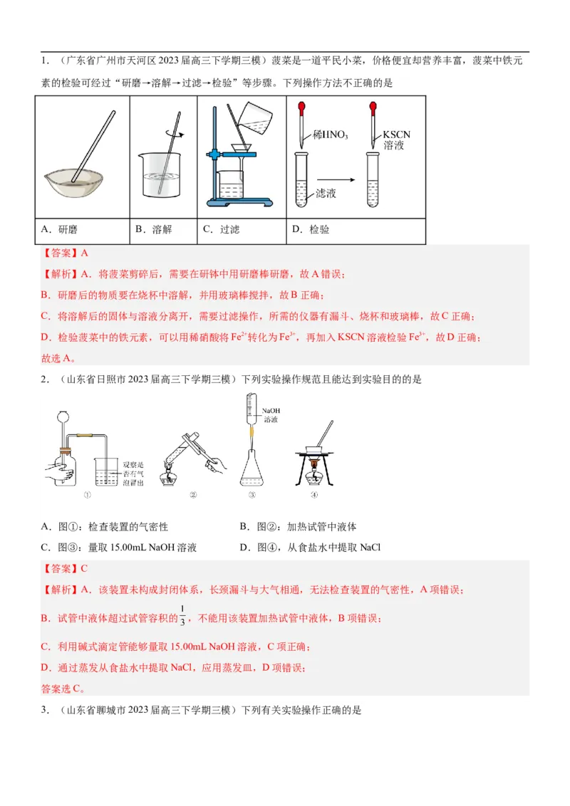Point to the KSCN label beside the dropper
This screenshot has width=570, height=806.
point(397,135)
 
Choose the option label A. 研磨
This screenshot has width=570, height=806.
point(60,230)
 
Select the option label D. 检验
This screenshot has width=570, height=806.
point(311,230)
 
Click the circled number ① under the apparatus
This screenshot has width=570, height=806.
point(87,496)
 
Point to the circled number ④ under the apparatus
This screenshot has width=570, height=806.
point(313,496)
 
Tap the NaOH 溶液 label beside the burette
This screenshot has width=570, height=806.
point(271,415)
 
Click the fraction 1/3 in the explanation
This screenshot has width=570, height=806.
point(182,617)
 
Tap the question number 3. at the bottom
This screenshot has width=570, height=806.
point(45,710)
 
